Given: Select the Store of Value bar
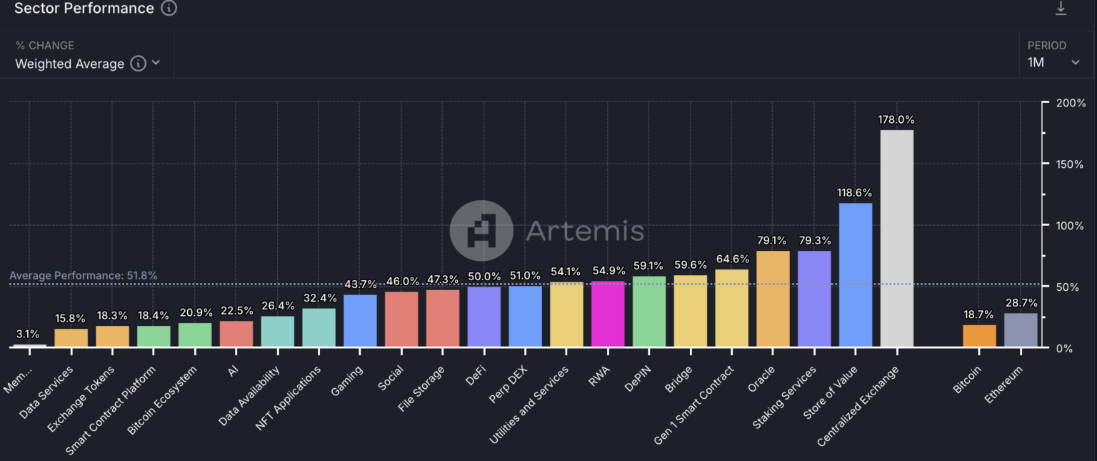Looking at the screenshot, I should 855,275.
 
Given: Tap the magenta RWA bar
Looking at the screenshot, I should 608,314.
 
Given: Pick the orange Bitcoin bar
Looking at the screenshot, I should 979,336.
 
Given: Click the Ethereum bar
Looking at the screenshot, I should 1021,330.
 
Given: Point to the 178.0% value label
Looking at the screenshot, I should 896,119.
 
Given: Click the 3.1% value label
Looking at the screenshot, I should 28,334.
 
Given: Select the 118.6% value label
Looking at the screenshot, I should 855,193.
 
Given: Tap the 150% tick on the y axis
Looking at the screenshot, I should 1069,164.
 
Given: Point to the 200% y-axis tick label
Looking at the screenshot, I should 1069,103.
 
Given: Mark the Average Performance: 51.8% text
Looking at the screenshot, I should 84,275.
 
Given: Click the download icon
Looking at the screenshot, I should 1061,9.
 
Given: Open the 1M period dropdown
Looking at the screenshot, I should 1054,62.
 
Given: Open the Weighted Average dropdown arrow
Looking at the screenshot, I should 156,63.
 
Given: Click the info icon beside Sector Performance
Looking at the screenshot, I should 169,9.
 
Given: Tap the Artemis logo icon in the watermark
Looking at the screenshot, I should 481,231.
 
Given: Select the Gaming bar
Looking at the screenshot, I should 360,321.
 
